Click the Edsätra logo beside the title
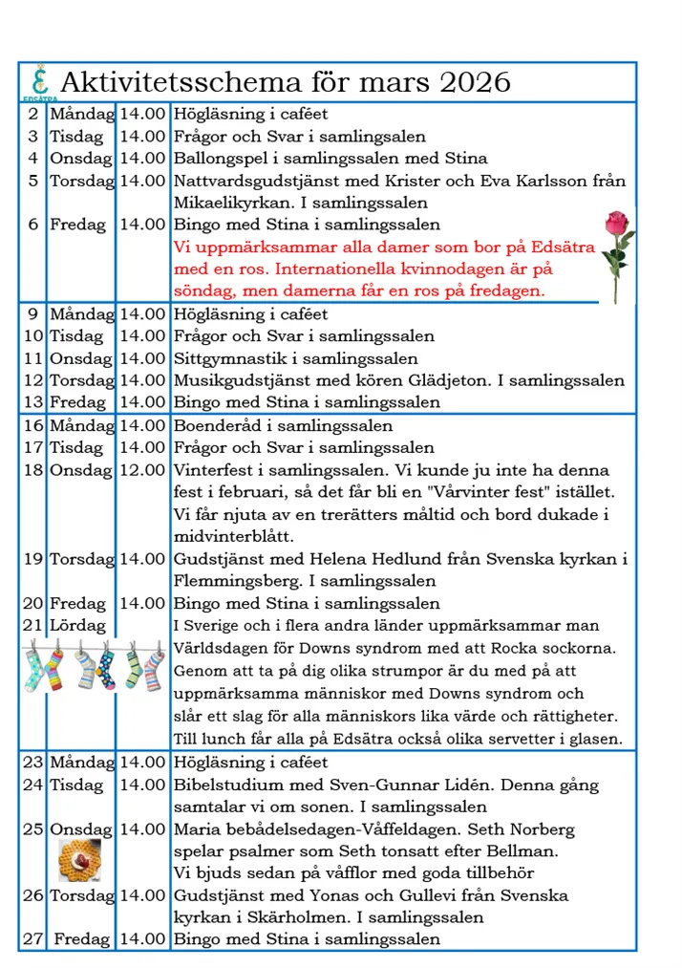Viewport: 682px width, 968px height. (39, 83)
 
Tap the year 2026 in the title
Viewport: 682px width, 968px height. (475, 83)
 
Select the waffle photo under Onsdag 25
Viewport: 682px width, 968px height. (80, 859)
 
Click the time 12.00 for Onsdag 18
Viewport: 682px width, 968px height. (143, 470)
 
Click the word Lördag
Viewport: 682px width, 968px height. (77, 626)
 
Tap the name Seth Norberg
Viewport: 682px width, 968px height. (528, 828)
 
